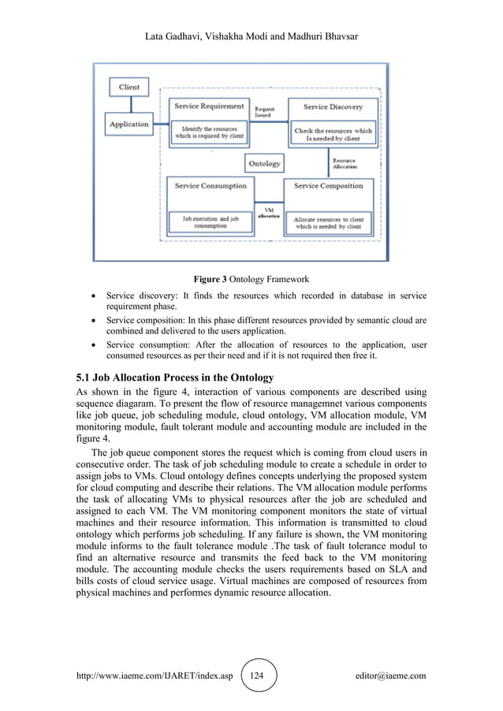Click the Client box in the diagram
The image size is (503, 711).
129,87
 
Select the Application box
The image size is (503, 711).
129,124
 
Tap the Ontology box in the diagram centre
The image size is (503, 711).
264,163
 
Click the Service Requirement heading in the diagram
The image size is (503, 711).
209,106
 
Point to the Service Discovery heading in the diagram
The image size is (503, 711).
326,106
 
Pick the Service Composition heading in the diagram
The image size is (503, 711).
328,186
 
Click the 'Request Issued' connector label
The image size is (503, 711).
265,112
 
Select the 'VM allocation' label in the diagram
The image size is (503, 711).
268,213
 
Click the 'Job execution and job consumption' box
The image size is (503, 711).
211,221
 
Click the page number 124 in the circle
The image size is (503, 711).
259,676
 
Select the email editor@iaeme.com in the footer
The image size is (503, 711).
391,676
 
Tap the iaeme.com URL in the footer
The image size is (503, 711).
154,676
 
